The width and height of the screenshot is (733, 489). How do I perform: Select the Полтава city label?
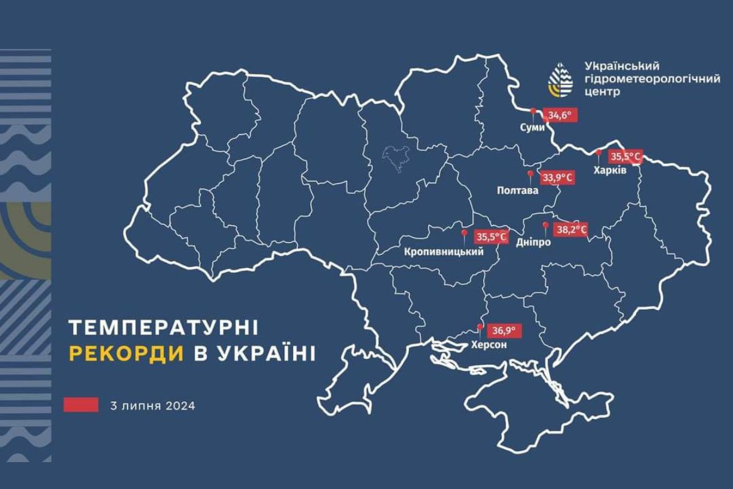pyautogui.click(x=517, y=191)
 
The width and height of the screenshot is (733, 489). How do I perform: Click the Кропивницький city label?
pyautogui.click(x=444, y=251)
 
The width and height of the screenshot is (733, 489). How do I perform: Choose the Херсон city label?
pyautogui.click(x=487, y=345)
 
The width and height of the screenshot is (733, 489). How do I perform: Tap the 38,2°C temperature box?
pyautogui.click(x=571, y=230)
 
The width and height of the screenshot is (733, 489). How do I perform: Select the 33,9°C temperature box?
pyautogui.click(x=557, y=178)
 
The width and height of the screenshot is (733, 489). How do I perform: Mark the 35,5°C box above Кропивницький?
pyautogui.click(x=492, y=236)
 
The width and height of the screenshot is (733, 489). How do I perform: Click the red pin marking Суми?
pyautogui.click(x=533, y=112)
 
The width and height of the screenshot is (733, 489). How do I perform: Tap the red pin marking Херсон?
pyautogui.click(x=480, y=329)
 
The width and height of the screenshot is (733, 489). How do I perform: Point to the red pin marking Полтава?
pyautogui.click(x=530, y=175)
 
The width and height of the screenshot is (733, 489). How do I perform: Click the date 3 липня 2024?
pyautogui.click(x=153, y=405)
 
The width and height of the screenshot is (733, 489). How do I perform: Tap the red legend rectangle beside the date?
pyautogui.click(x=81, y=405)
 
